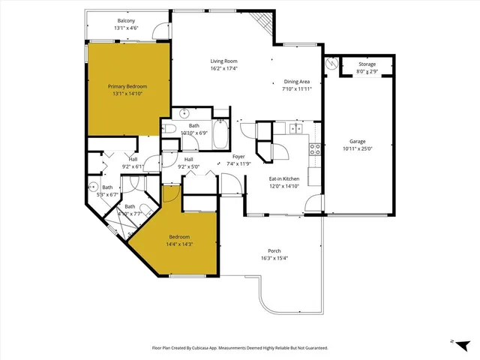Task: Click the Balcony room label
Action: [x=125, y=21]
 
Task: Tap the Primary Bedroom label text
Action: [x=127, y=86]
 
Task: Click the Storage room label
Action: [x=367, y=64]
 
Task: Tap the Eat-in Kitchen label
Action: [x=284, y=178]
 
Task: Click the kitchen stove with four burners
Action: [x=315, y=148]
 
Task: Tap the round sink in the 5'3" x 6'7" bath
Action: [x=94, y=185]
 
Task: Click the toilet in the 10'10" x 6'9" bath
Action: [x=170, y=130]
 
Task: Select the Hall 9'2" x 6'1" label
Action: [x=132, y=159]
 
